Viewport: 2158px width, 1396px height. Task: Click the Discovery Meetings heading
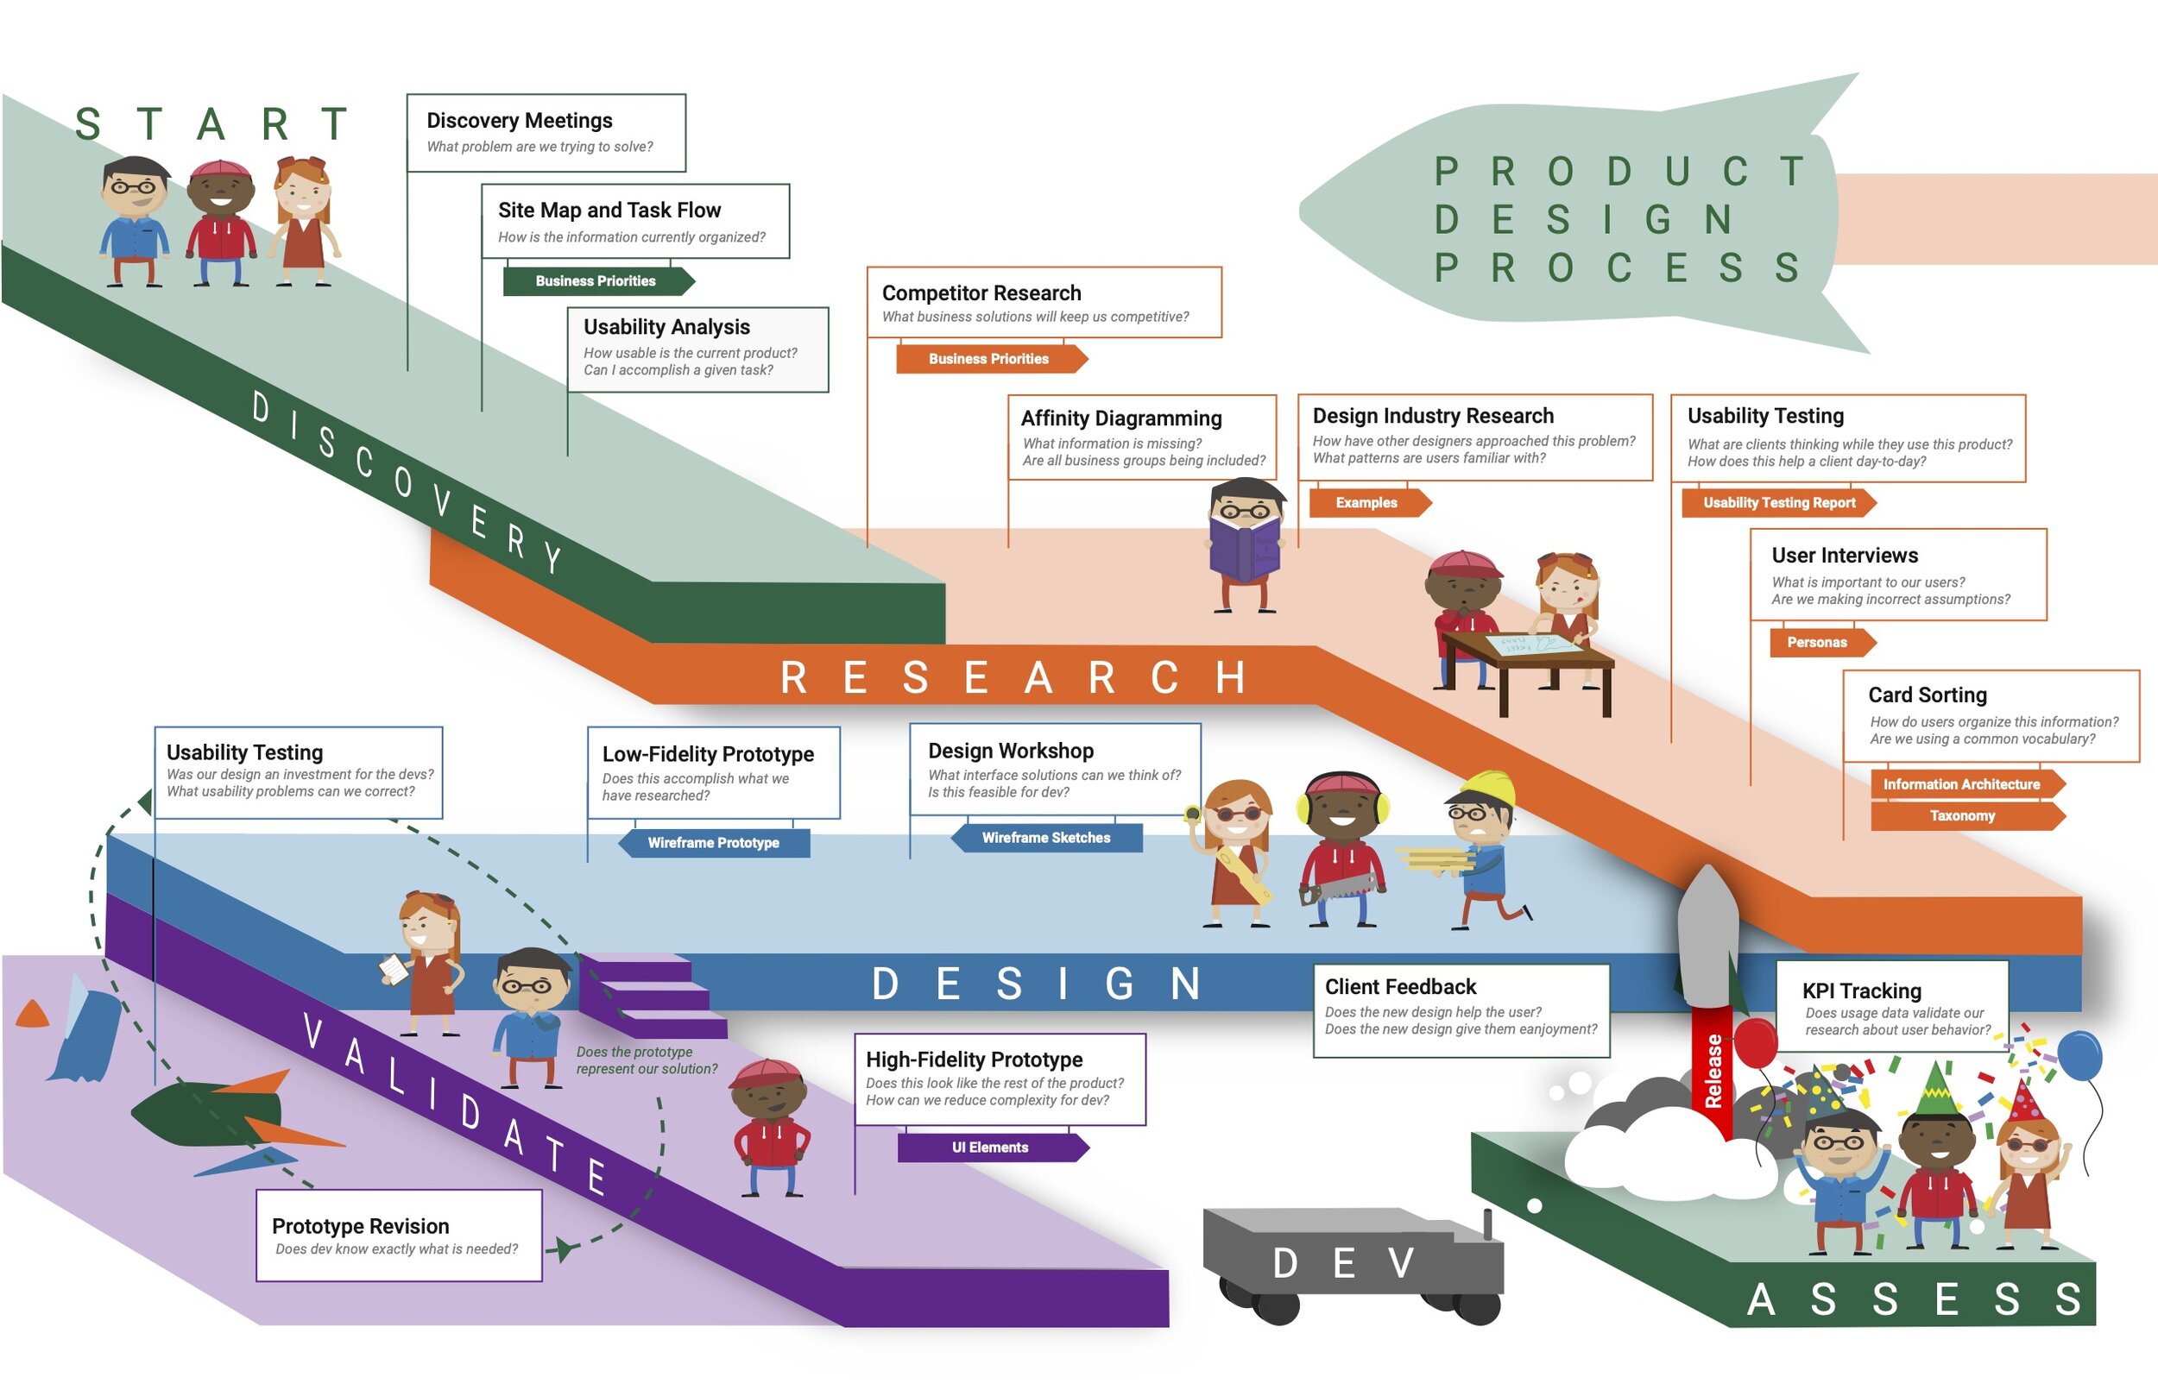(x=520, y=121)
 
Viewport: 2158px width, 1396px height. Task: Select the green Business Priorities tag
(x=596, y=281)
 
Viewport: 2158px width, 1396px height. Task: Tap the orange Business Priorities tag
(x=988, y=359)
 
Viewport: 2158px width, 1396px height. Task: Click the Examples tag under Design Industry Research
(x=1366, y=503)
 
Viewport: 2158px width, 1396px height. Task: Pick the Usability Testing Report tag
(x=1779, y=503)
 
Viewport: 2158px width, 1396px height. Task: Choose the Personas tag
(x=1817, y=643)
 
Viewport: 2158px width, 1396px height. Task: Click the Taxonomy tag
(x=1962, y=816)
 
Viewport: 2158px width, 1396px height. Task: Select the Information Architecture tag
(x=1961, y=784)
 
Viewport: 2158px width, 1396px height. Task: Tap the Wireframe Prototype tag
(x=714, y=843)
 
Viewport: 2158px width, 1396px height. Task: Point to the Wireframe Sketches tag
(x=1045, y=838)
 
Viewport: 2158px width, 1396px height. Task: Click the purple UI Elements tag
(x=990, y=1148)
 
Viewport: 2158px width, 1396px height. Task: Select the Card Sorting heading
(x=1928, y=695)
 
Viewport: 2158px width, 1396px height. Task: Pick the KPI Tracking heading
(x=1862, y=990)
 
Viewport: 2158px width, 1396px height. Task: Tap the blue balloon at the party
(x=2079, y=1056)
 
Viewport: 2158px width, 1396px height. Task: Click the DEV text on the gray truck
(x=1344, y=1263)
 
